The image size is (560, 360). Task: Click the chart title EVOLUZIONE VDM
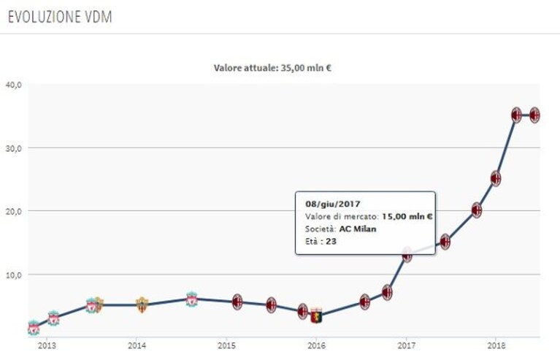point(60,17)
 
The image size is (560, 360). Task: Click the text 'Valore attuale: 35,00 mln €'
point(272,68)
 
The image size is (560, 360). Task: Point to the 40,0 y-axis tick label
point(14,85)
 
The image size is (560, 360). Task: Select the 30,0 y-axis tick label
point(14,148)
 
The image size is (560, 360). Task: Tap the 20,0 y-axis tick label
point(14,211)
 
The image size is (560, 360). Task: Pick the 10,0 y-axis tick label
point(14,275)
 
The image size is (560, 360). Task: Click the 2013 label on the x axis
point(47,345)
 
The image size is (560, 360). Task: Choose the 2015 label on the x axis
point(226,345)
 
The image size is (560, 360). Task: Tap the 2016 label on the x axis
point(316,345)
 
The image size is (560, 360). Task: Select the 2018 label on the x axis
point(496,345)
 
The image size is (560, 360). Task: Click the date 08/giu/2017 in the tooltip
point(333,204)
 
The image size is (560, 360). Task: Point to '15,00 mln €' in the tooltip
point(407,216)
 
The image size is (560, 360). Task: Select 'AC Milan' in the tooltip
point(358,229)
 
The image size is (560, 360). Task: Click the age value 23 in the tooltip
point(331,242)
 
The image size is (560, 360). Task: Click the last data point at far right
point(534,115)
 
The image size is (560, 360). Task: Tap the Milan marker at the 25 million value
point(496,178)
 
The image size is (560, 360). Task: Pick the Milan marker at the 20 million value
point(477,210)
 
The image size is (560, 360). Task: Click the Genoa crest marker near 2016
point(316,315)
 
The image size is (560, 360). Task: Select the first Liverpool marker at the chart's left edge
point(34,328)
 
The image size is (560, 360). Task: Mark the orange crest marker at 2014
point(142,305)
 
